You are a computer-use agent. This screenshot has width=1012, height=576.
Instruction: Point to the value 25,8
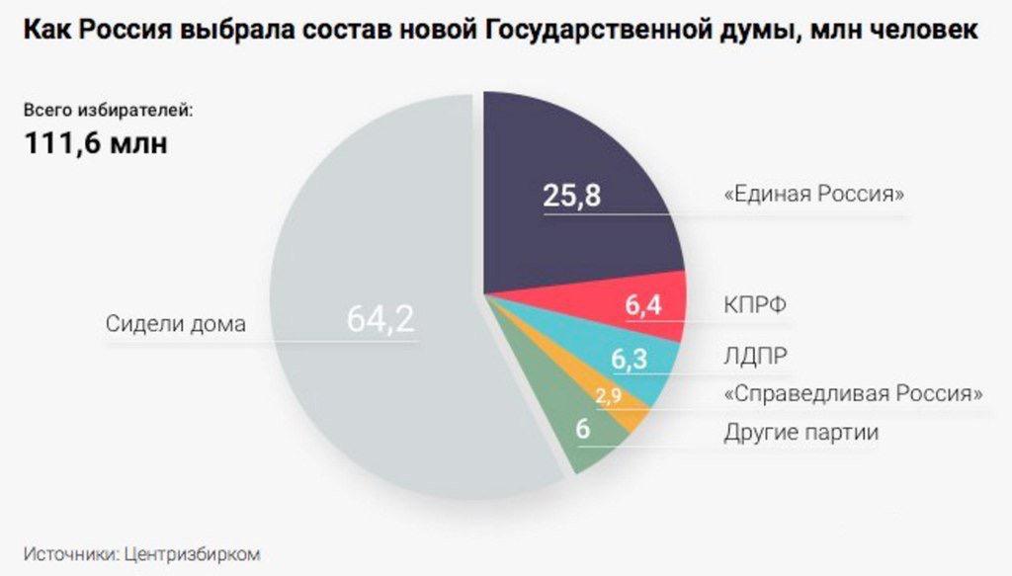click(571, 197)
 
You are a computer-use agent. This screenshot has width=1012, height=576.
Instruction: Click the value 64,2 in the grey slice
click(379, 320)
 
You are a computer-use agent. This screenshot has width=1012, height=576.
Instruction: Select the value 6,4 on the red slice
click(642, 306)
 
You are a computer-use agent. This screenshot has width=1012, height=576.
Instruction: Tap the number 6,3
click(629, 360)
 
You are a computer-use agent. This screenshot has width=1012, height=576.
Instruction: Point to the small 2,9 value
click(608, 397)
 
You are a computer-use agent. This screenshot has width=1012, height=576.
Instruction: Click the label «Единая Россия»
click(814, 195)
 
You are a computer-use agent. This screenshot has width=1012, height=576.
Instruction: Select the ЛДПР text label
click(756, 355)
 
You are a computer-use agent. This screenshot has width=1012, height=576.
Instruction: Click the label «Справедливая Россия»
click(853, 393)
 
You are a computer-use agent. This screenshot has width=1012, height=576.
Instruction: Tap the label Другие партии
click(801, 433)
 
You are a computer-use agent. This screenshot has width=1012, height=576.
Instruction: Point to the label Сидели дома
click(174, 324)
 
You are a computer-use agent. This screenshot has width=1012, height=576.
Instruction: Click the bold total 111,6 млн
click(95, 143)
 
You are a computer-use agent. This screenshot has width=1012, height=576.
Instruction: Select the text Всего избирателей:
click(109, 110)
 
